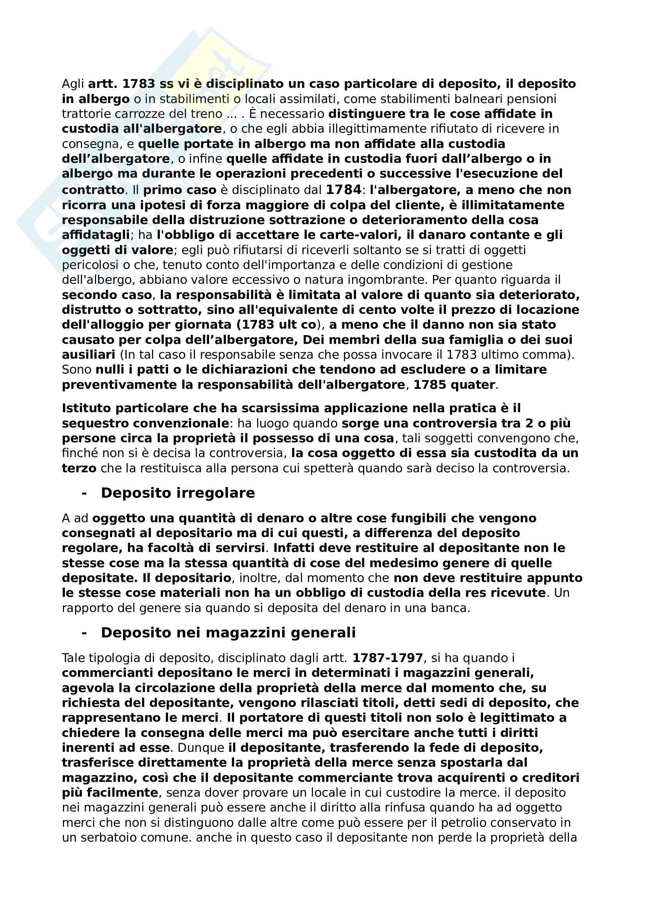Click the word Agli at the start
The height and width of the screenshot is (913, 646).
point(73,84)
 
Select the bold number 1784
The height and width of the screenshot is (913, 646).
point(344,190)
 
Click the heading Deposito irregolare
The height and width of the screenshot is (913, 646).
point(177,493)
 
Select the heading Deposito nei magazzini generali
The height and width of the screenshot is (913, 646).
point(228,633)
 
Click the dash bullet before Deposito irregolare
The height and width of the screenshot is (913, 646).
point(84,493)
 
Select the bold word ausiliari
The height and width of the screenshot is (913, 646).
point(88,355)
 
